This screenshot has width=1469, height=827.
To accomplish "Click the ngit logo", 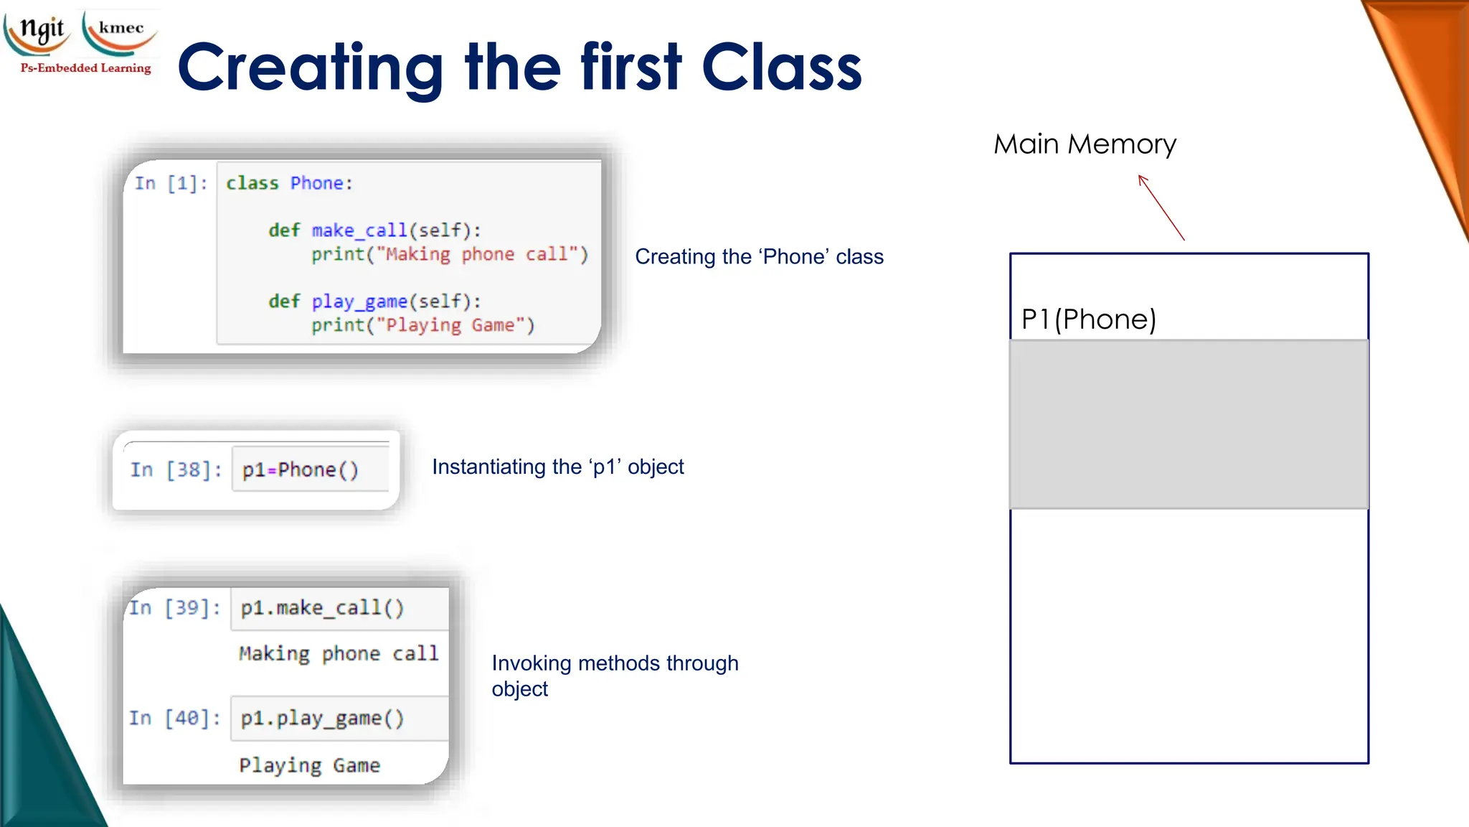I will pyautogui.click(x=39, y=32).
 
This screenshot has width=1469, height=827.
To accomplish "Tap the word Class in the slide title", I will pyautogui.click(x=781, y=67).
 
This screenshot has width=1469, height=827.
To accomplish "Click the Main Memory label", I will pyautogui.click(x=1084, y=144).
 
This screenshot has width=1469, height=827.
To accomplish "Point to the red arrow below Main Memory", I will pyautogui.click(x=1161, y=207).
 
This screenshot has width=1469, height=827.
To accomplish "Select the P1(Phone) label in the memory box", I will pyautogui.click(x=1088, y=319).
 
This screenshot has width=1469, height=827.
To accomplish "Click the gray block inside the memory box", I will pyautogui.click(x=1189, y=424).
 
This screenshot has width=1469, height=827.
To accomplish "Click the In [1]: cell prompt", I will pyautogui.click(x=171, y=184).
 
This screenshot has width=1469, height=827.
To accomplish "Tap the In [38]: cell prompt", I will pyautogui.click(x=176, y=470).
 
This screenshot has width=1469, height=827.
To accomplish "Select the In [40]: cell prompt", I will pyautogui.click(x=174, y=718).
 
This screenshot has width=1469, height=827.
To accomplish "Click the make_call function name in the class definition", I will pyautogui.click(x=359, y=230).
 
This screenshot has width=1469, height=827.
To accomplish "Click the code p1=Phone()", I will pyautogui.click(x=300, y=470).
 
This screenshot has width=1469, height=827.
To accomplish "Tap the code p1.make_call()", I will pyautogui.click(x=322, y=608).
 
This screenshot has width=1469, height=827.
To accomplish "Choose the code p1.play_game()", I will pyautogui.click(x=322, y=718).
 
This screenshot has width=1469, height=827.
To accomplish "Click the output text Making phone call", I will pyautogui.click(x=338, y=654).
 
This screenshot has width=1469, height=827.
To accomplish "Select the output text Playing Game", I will pyautogui.click(x=309, y=765).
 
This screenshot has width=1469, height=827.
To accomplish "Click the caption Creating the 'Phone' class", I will pyautogui.click(x=759, y=257).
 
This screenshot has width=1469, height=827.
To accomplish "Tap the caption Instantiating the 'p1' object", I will pyautogui.click(x=557, y=467).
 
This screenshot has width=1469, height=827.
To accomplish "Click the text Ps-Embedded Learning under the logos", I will pyautogui.click(x=85, y=68).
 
